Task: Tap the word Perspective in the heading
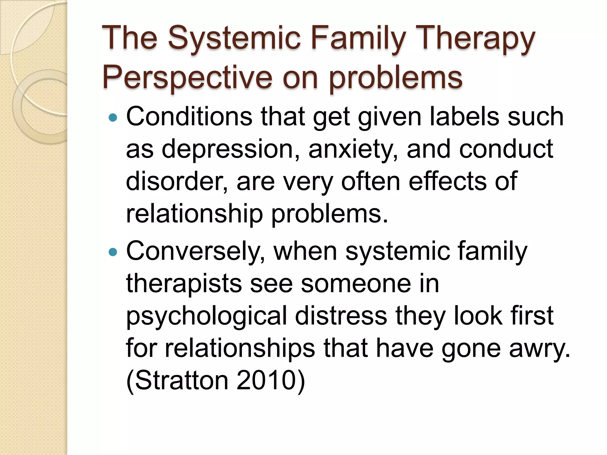click(x=187, y=78)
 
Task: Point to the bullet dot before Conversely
click(x=113, y=252)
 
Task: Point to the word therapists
click(x=184, y=283)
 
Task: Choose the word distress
click(x=341, y=316)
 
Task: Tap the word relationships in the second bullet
click(x=240, y=348)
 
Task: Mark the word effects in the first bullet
click(x=448, y=181)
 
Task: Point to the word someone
click(x=356, y=283)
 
